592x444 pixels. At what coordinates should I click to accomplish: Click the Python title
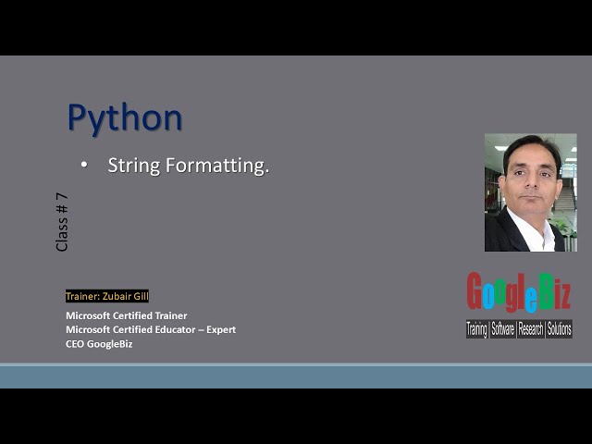coord(125,118)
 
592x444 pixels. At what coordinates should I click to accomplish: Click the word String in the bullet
coord(132,166)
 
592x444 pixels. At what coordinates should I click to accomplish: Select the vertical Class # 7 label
coord(62,222)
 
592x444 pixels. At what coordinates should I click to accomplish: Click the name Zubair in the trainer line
coord(115,296)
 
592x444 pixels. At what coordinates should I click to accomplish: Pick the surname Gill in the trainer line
coord(140,296)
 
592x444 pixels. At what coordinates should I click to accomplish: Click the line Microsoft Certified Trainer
coord(126,315)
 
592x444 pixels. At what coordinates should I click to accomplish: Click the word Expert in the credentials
coord(222,329)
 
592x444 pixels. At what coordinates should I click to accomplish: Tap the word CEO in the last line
coord(75,344)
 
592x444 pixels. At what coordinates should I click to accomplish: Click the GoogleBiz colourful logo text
coord(519,293)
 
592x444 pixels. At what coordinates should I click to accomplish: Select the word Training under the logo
coord(477,328)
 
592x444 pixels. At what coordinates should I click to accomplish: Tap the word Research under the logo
coord(532,328)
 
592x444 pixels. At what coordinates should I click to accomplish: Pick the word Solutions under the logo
coord(559,328)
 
